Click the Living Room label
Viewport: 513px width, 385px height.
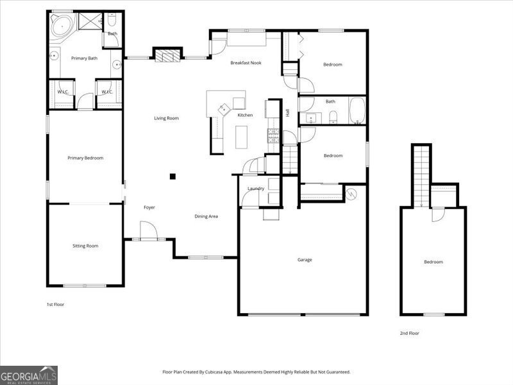pos(166,118)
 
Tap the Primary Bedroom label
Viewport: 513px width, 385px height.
pos(85,158)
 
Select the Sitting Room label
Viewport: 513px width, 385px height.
pos(85,246)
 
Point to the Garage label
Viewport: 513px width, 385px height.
pos(305,260)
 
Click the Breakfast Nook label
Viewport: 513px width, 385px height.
pos(246,63)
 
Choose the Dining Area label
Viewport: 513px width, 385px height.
pos(206,216)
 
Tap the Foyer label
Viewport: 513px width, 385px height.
pos(149,207)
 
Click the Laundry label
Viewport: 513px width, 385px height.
pos(256,188)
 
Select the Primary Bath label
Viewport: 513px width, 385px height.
pos(84,58)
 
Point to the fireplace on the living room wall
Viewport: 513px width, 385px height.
pos(168,55)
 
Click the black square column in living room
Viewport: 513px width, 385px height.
pos(172,176)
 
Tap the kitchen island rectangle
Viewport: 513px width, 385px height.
pos(241,137)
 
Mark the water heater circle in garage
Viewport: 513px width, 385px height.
pos(351,193)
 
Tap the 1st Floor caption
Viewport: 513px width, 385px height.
pos(56,304)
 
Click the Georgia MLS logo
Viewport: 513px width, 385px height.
pos(29,375)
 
